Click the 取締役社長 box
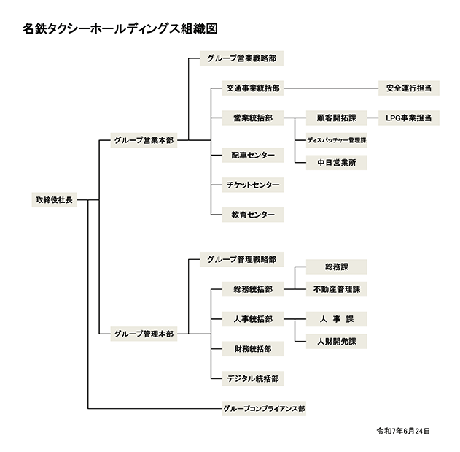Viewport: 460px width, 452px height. click(x=54, y=200)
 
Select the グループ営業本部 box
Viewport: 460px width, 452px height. click(x=144, y=140)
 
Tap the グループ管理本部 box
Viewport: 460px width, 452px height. click(x=144, y=334)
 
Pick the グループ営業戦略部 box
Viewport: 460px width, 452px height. click(x=241, y=58)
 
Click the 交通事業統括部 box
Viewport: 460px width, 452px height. click(x=253, y=88)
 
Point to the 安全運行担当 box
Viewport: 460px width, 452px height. click(x=409, y=88)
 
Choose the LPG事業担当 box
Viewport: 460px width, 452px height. click(x=409, y=118)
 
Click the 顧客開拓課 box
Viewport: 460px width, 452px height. click(x=337, y=118)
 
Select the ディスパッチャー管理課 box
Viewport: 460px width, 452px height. click(x=337, y=140)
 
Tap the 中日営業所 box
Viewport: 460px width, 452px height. click(x=337, y=163)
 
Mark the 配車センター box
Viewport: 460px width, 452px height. click(x=253, y=156)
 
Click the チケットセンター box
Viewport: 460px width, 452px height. click(x=253, y=185)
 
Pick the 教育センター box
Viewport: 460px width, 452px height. click(x=253, y=215)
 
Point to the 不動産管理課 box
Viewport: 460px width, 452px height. click(x=337, y=289)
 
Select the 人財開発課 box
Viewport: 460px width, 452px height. click(x=337, y=341)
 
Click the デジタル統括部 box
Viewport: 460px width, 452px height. click(x=253, y=378)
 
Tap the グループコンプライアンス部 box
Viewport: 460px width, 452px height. click(x=264, y=408)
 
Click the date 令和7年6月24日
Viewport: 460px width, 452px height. click(x=403, y=431)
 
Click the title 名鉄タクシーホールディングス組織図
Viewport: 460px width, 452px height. click(x=120, y=28)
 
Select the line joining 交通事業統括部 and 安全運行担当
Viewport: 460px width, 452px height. click(x=331, y=88)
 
